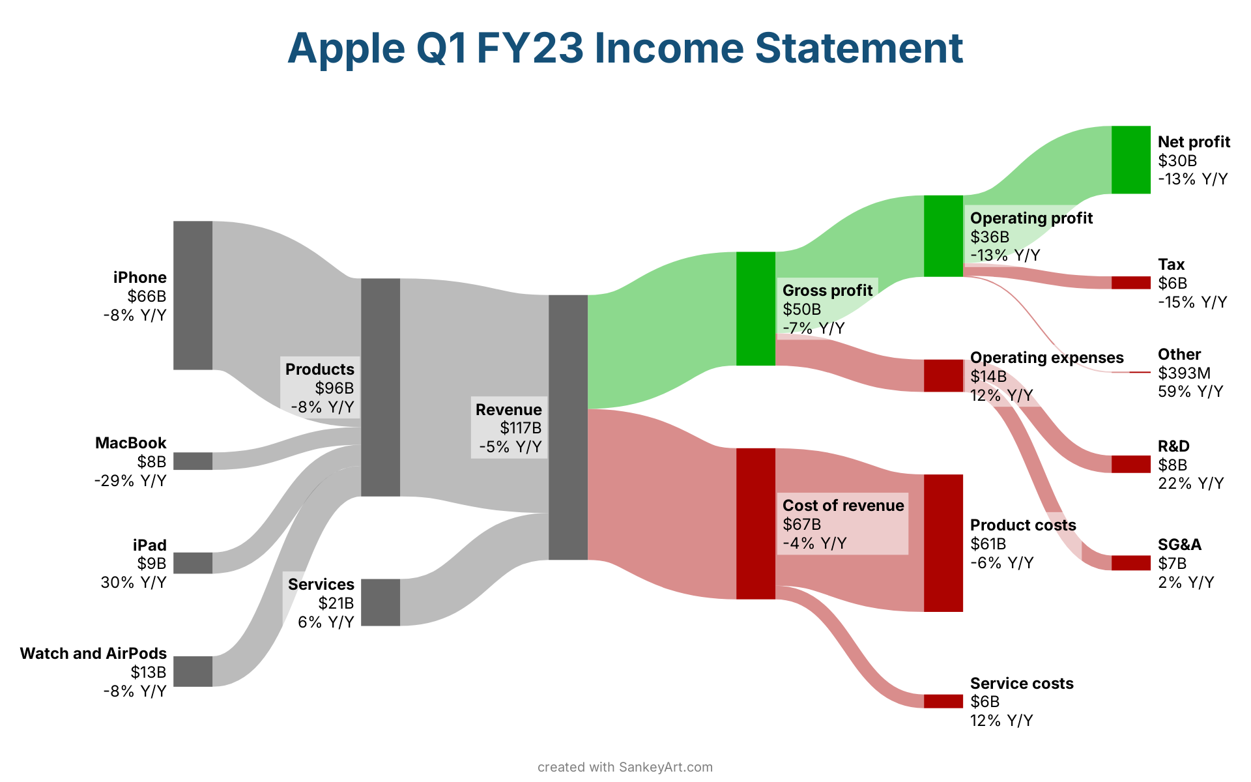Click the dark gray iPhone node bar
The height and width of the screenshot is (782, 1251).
coord(193,295)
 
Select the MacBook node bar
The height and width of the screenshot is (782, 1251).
coord(193,461)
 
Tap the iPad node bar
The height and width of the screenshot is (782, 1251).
coord(193,563)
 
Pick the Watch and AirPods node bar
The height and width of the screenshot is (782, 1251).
coord(193,671)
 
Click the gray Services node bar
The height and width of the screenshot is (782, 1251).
coord(381,602)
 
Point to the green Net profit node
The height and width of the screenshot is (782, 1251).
coord(1131,160)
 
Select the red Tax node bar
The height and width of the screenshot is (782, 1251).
coord(1131,283)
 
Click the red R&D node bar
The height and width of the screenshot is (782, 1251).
coord(1131,464)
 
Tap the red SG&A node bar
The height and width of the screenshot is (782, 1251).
coord(1131,563)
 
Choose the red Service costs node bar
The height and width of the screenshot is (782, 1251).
coord(943,701)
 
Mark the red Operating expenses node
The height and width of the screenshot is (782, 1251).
coord(943,375)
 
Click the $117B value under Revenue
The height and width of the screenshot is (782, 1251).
coord(521,428)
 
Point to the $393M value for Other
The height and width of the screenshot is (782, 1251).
coord(1184,373)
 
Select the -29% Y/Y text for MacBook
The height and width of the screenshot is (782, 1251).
coord(130,481)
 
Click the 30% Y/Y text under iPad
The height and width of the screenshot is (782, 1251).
coord(134,582)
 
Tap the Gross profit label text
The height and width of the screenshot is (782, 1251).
coord(827,291)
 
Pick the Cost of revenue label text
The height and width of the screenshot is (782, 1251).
coord(843,505)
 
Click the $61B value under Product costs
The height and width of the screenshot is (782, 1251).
coord(988,543)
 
